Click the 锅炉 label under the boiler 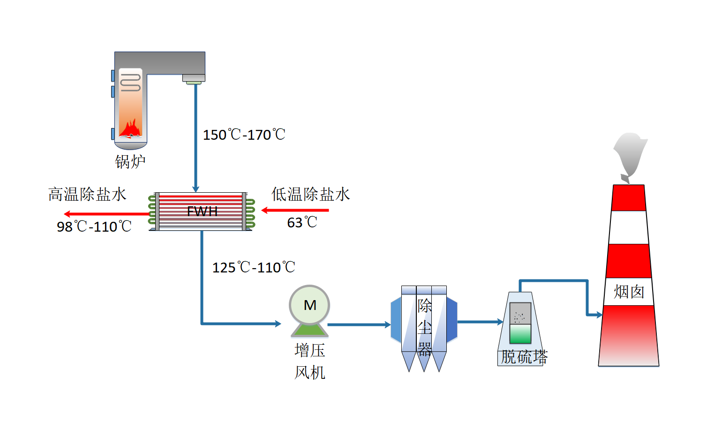pyautogui.click(x=130, y=162)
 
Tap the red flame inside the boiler pyautogui.click(x=130, y=129)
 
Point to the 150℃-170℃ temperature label pyautogui.click(x=244, y=135)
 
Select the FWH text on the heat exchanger pyautogui.click(x=203, y=211)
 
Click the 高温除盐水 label pyautogui.click(x=87, y=194)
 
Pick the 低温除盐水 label pyautogui.click(x=311, y=194)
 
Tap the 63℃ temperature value pyautogui.click(x=302, y=222)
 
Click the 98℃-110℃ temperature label pyautogui.click(x=94, y=226)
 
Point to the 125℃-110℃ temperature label pyautogui.click(x=254, y=267)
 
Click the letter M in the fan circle pyautogui.click(x=310, y=305)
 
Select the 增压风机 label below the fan pyautogui.click(x=310, y=362)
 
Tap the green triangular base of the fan pyautogui.click(x=309, y=330)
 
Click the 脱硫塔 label pyautogui.click(x=524, y=357)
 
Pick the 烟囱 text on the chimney pyautogui.click(x=629, y=292)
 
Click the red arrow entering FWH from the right pyautogui.click(x=295, y=210)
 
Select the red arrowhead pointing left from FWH pyautogui.click(x=67, y=214)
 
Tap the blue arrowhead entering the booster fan pyautogui.click(x=278, y=324)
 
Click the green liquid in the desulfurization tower pyautogui.click(x=520, y=334)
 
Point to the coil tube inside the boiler pyautogui.click(x=130, y=83)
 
